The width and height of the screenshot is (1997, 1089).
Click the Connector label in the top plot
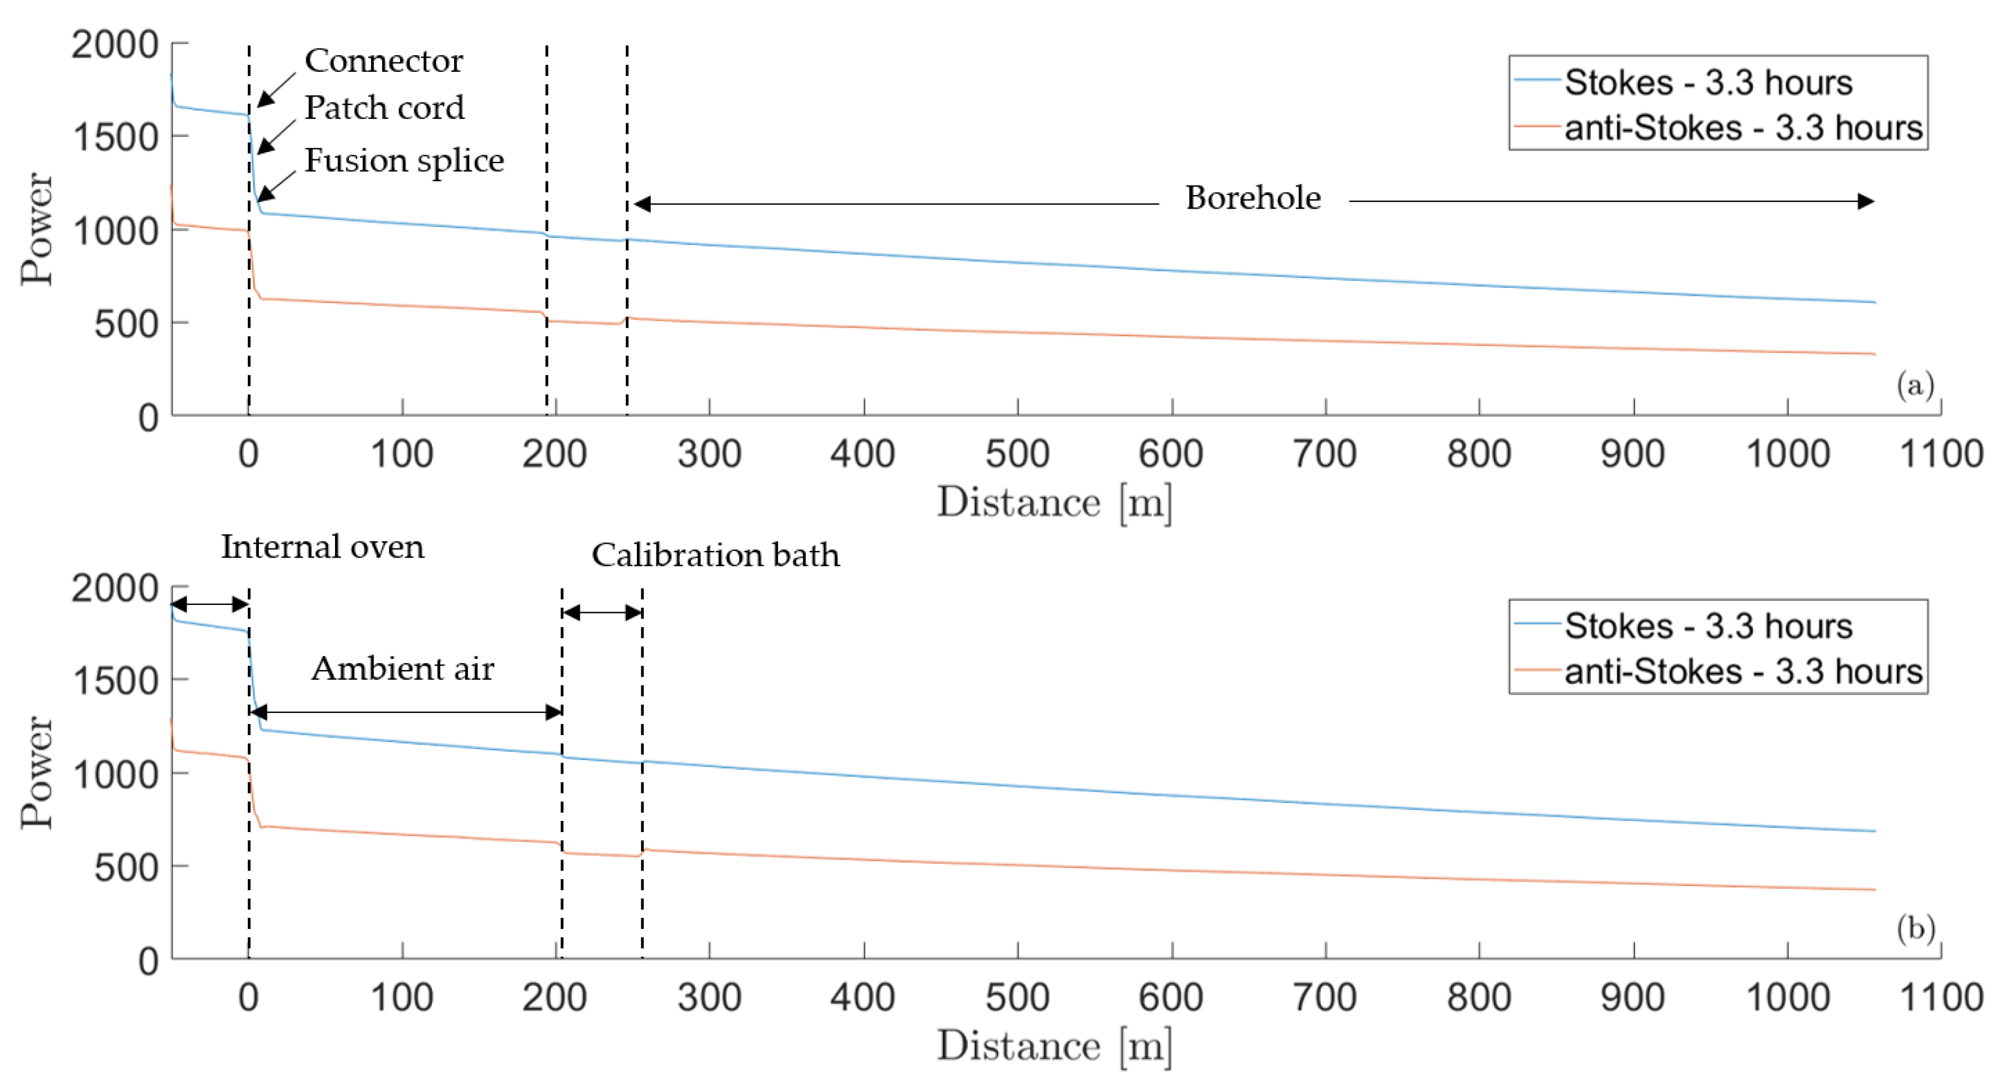(x=383, y=61)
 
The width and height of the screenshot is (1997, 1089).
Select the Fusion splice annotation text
(x=404, y=161)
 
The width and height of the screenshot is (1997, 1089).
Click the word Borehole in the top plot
(x=1253, y=198)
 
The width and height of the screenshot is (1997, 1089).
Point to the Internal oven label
(x=323, y=547)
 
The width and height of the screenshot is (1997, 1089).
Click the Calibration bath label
(x=715, y=556)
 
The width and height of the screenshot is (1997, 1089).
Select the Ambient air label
(x=402, y=669)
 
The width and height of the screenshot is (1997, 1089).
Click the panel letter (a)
(x=1915, y=385)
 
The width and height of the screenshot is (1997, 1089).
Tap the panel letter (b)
(x=1915, y=928)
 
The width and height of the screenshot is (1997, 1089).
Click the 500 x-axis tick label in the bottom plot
(x=1017, y=998)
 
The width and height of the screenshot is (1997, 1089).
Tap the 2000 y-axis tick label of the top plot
(x=115, y=45)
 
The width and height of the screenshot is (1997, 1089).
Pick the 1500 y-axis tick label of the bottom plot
(x=115, y=681)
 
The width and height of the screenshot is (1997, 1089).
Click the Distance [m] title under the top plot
(x=1054, y=503)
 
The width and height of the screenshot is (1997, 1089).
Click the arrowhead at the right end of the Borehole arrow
(x=1866, y=201)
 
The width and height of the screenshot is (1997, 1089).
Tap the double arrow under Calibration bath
(x=602, y=613)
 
